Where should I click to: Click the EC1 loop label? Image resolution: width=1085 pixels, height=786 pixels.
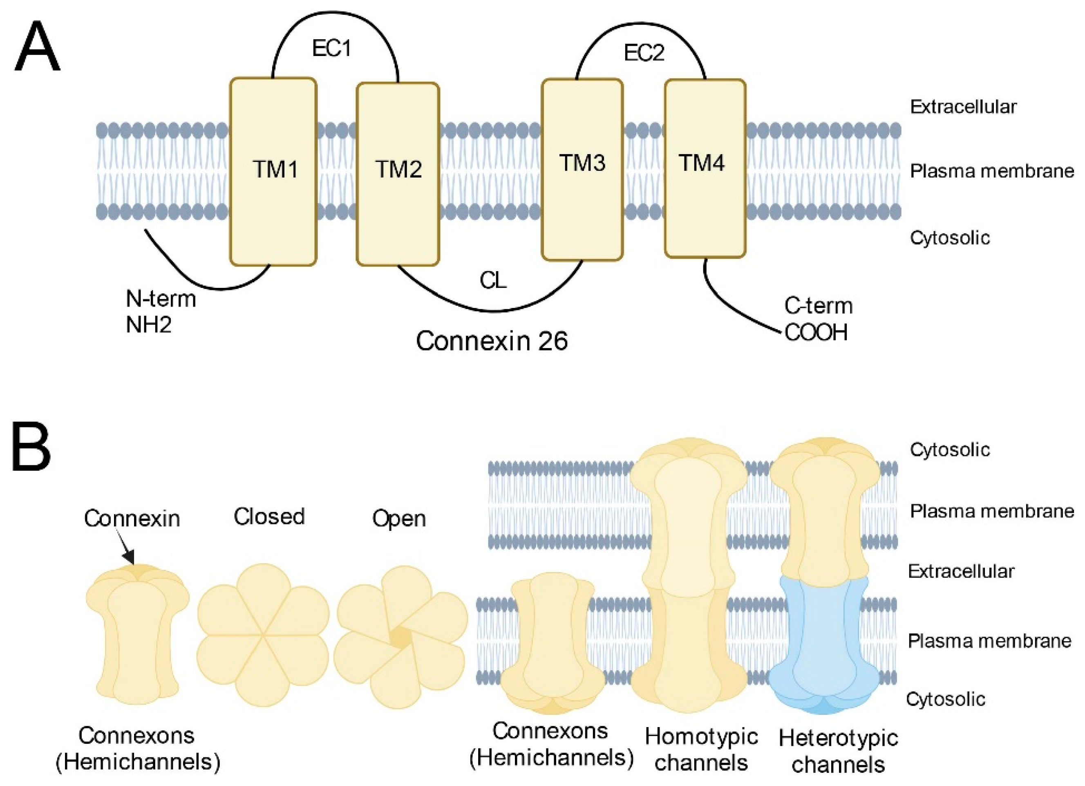point(331,48)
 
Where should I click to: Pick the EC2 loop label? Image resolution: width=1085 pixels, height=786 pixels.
point(644,53)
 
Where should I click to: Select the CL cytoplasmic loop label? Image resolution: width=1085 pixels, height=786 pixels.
point(493,281)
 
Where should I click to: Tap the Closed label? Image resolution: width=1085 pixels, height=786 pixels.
point(269,517)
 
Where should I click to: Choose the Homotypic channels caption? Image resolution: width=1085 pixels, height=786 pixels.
point(701,750)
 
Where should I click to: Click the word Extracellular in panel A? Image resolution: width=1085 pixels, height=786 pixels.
point(962,107)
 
